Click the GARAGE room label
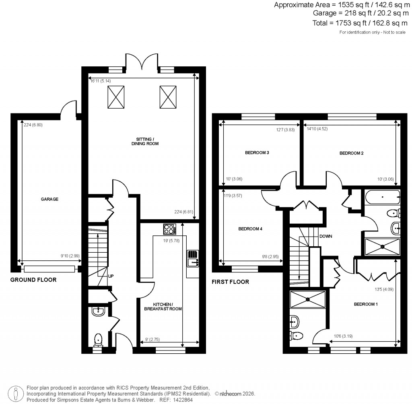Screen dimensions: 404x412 pos(49,199)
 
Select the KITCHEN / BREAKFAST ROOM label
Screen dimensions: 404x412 pos(167,307)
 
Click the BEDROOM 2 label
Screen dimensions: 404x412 pos(351,153)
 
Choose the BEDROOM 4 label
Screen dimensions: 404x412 pos(250,229)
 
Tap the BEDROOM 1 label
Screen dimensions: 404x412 pos(366,304)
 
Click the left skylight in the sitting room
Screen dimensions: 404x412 pos(115,97)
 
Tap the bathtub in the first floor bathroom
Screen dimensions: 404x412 pos(382,198)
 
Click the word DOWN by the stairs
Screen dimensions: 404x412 pos(325,237)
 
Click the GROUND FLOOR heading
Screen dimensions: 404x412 pos(33,280)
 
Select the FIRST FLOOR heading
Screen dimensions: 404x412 pos(230,282)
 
